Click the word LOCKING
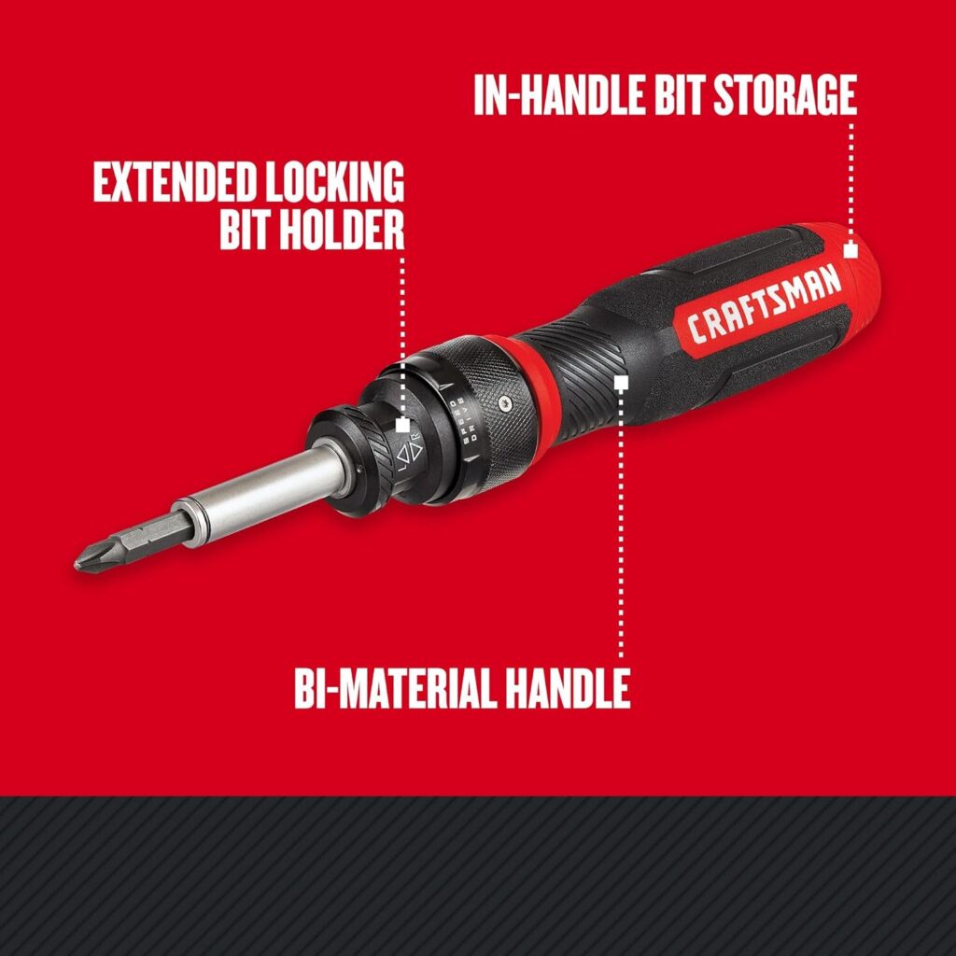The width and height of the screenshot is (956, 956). tap(337, 182)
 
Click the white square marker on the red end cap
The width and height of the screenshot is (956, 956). tap(850, 250)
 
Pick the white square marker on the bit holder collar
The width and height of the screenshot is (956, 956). tap(402, 425)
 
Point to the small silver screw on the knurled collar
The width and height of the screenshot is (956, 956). tap(505, 401)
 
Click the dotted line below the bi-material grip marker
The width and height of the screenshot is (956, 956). tap(621, 523)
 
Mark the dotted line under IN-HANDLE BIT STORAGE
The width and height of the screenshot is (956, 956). tap(851, 177)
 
